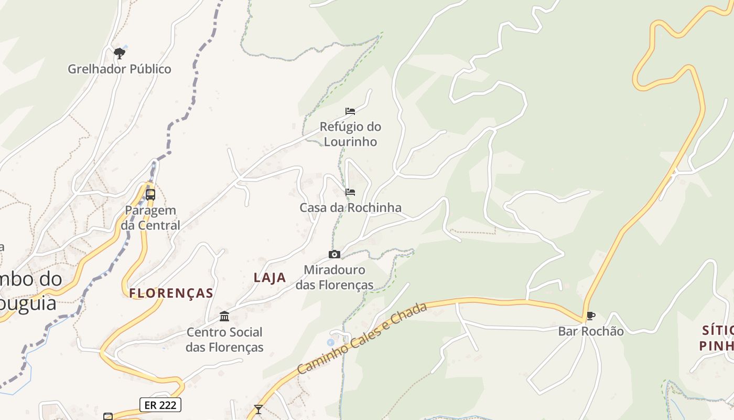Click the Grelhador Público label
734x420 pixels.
pos(120,69)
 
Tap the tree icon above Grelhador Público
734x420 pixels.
pos(120,52)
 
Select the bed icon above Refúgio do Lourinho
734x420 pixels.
pos(350,111)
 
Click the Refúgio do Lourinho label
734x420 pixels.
pos(350,134)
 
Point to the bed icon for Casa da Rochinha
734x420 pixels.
pos(350,192)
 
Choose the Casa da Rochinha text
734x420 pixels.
pos(350,207)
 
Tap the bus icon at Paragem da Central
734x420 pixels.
pos(150,194)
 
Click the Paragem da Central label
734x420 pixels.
pos(150,218)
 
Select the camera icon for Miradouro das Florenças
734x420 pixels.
pos(334,255)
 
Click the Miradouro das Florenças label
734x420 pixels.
pos(334,277)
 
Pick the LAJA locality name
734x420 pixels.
pos(270,278)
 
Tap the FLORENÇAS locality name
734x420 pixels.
pos(171,293)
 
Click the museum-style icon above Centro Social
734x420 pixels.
pos(224,316)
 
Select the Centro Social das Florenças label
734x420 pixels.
pos(224,340)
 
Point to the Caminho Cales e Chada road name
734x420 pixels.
pos(362,339)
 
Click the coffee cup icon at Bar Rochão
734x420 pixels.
pos(591,316)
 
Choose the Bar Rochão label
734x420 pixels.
pos(591,331)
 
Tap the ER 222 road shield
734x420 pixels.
pos(160,404)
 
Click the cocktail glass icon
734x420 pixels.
pos(258,409)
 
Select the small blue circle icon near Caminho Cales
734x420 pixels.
pos(330,342)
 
